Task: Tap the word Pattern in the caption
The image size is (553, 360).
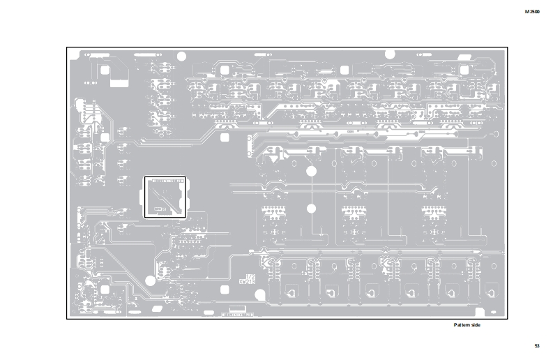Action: [x=462, y=325]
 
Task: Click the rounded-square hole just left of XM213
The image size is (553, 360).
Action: [x=225, y=290]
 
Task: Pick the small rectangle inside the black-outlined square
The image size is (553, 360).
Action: [x=160, y=208]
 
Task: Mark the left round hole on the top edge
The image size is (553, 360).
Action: [x=182, y=55]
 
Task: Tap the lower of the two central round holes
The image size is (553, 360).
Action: [x=311, y=208]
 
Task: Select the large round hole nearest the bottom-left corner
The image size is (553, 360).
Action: [x=150, y=281]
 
